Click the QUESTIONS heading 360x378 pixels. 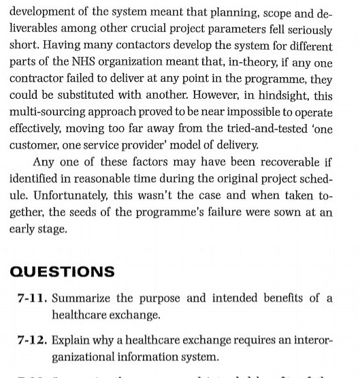(x=62, y=271)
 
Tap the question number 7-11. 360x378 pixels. (x=32, y=299)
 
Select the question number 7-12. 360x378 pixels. (x=32, y=338)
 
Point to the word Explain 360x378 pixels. (x=70, y=338)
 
